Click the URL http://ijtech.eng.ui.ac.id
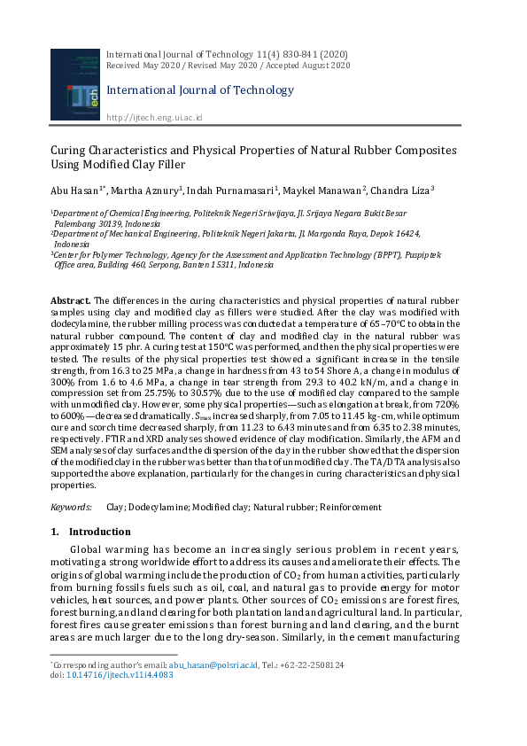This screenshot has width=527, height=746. [x=154, y=117]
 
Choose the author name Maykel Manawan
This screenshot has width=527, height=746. [x=324, y=190]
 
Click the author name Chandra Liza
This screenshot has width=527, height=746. [x=402, y=190]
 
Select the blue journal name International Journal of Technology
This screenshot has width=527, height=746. [x=199, y=89]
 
